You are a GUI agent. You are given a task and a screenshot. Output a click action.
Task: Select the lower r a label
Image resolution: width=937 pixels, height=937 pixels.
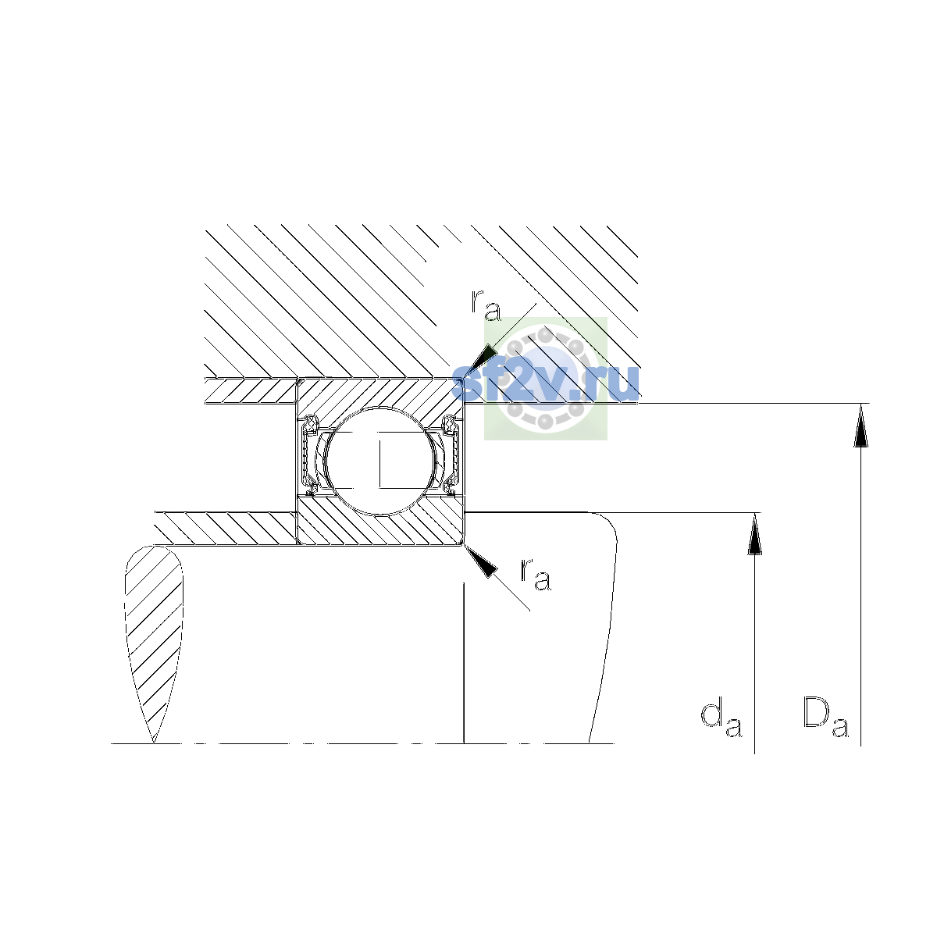(x=536, y=574)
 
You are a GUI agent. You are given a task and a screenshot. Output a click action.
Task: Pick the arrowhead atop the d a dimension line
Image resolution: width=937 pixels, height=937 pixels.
(x=754, y=534)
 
